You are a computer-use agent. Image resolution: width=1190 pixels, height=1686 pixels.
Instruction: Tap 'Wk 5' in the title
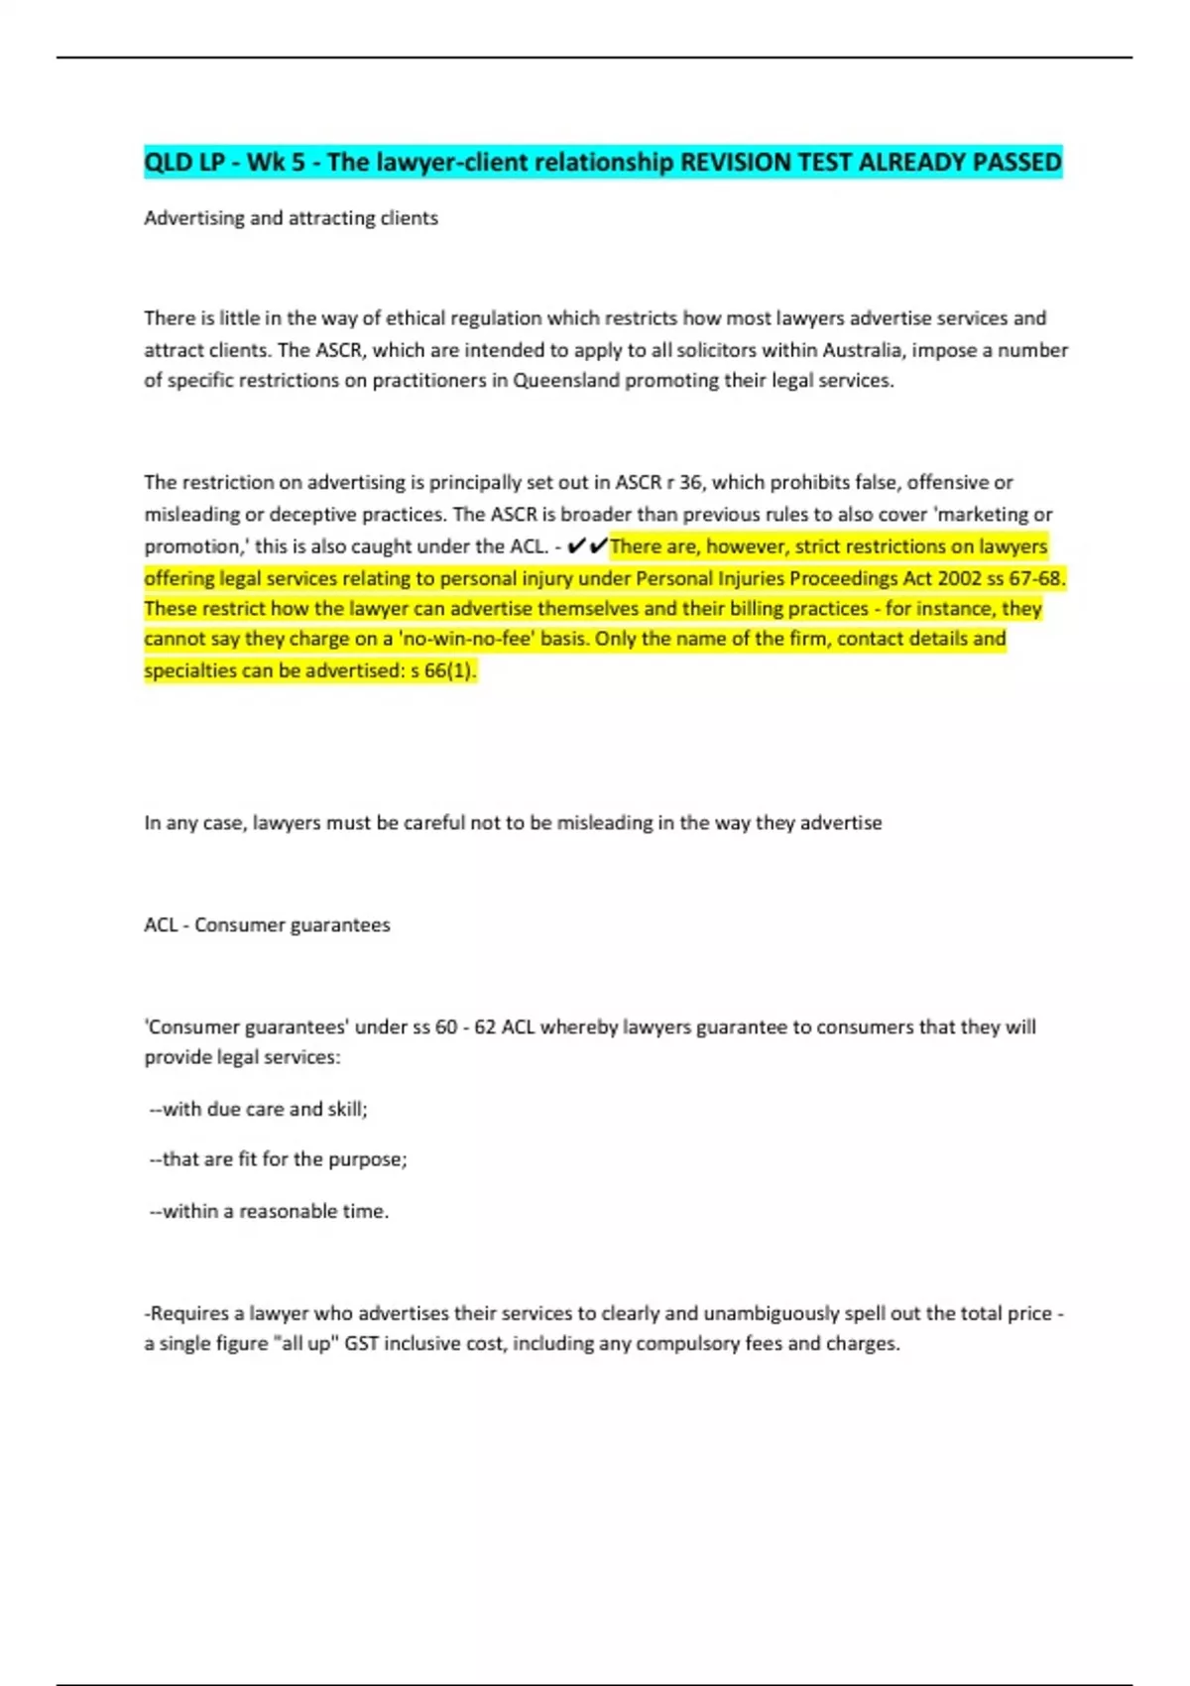[276, 162]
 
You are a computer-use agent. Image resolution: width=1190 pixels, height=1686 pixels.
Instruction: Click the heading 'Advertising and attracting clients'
[291, 218]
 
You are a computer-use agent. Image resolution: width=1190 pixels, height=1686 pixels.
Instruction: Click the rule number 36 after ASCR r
[690, 483]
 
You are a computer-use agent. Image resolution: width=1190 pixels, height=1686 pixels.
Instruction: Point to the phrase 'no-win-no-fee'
[465, 640]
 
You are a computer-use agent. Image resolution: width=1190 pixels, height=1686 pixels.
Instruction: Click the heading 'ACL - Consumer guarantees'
[267, 925]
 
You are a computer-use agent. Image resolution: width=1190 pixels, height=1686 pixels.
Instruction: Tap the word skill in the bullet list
[346, 1110]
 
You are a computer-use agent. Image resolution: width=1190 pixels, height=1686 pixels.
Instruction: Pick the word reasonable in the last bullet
[288, 1212]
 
